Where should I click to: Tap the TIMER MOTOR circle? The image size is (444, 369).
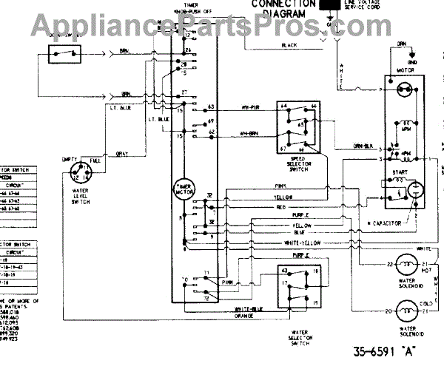click(x=182, y=190)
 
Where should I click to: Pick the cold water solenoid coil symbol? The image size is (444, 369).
click(x=406, y=310)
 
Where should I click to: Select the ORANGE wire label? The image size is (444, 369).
click(x=245, y=316)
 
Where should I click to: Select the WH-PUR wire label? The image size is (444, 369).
click(x=248, y=108)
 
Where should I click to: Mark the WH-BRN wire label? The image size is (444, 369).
click(x=248, y=133)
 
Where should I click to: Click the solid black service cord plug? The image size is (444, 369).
click(x=326, y=4)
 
